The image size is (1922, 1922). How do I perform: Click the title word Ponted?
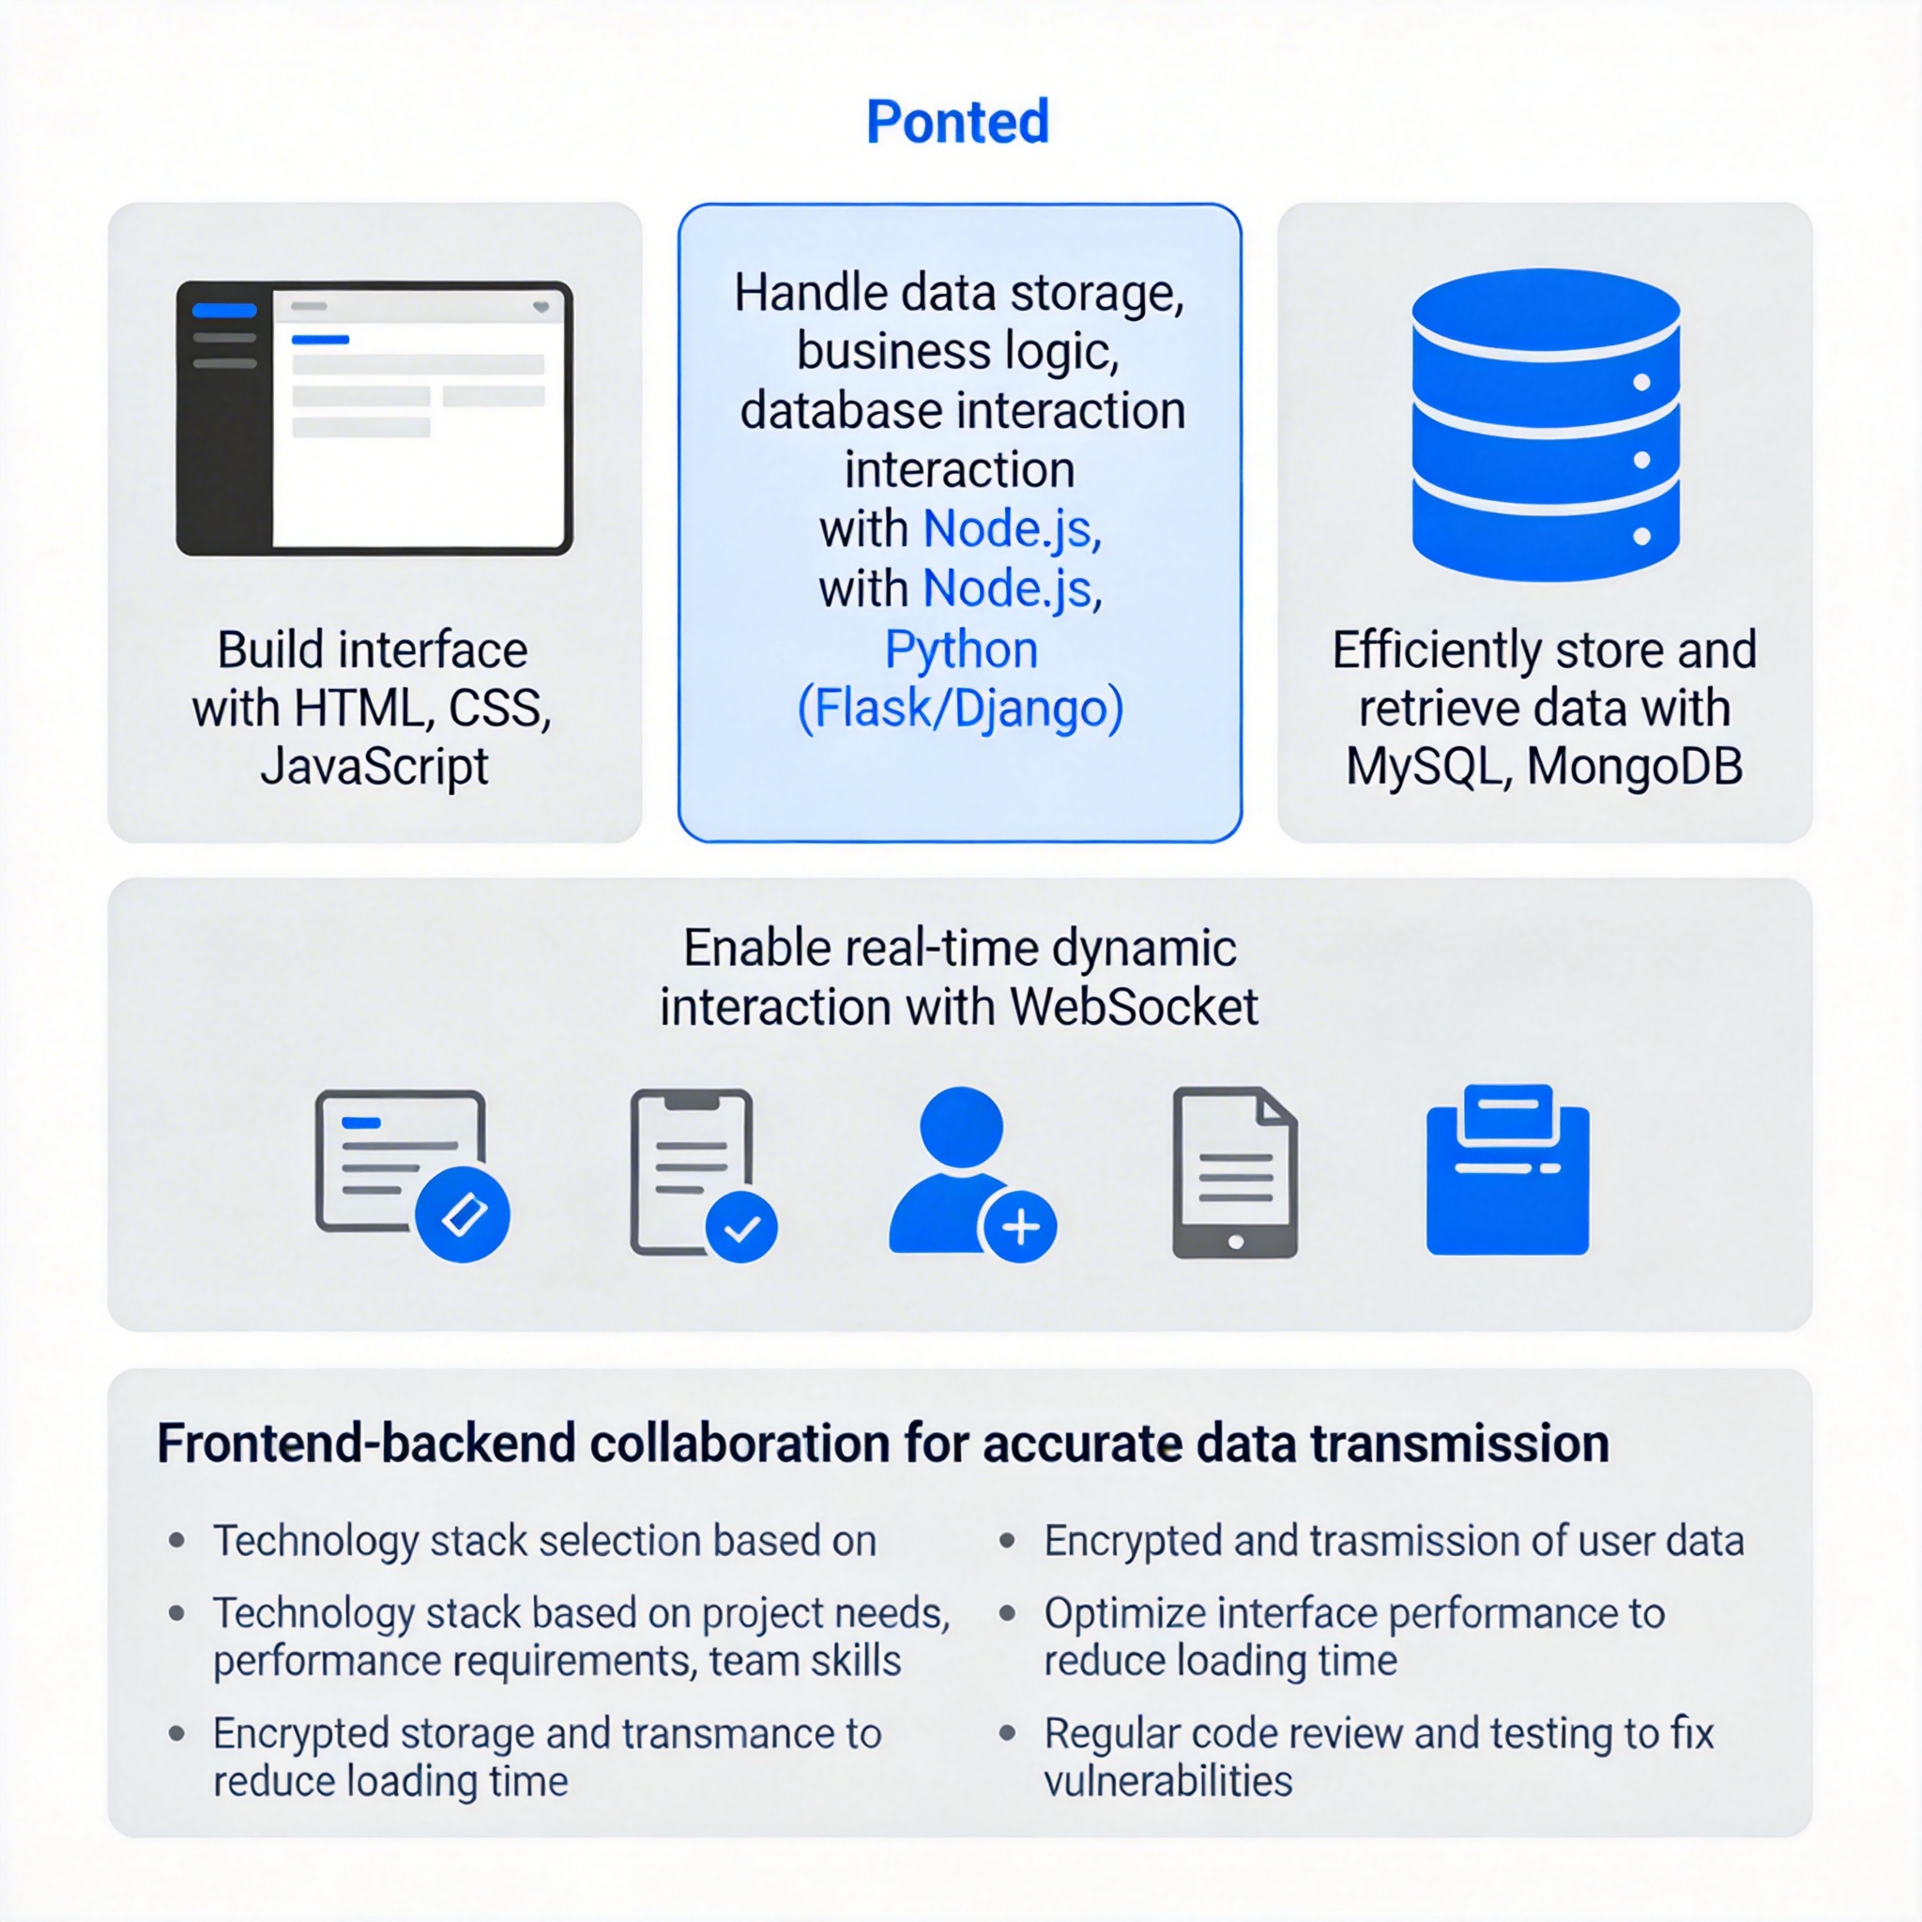[x=957, y=121]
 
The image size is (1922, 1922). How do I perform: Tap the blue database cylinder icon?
[x=1545, y=425]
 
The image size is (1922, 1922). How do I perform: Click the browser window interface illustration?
[x=374, y=418]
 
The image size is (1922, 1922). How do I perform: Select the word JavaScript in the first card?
[x=374, y=767]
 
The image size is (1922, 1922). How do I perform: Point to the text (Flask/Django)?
[x=960, y=709]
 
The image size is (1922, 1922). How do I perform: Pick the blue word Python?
[x=961, y=649]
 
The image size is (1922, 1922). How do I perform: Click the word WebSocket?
[x=1133, y=1007]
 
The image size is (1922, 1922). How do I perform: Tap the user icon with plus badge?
[x=970, y=1174]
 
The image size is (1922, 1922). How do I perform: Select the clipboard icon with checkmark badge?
[x=702, y=1174]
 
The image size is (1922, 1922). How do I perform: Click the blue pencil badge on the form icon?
[x=463, y=1214]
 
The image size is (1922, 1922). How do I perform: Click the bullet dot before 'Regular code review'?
[x=1007, y=1733]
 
